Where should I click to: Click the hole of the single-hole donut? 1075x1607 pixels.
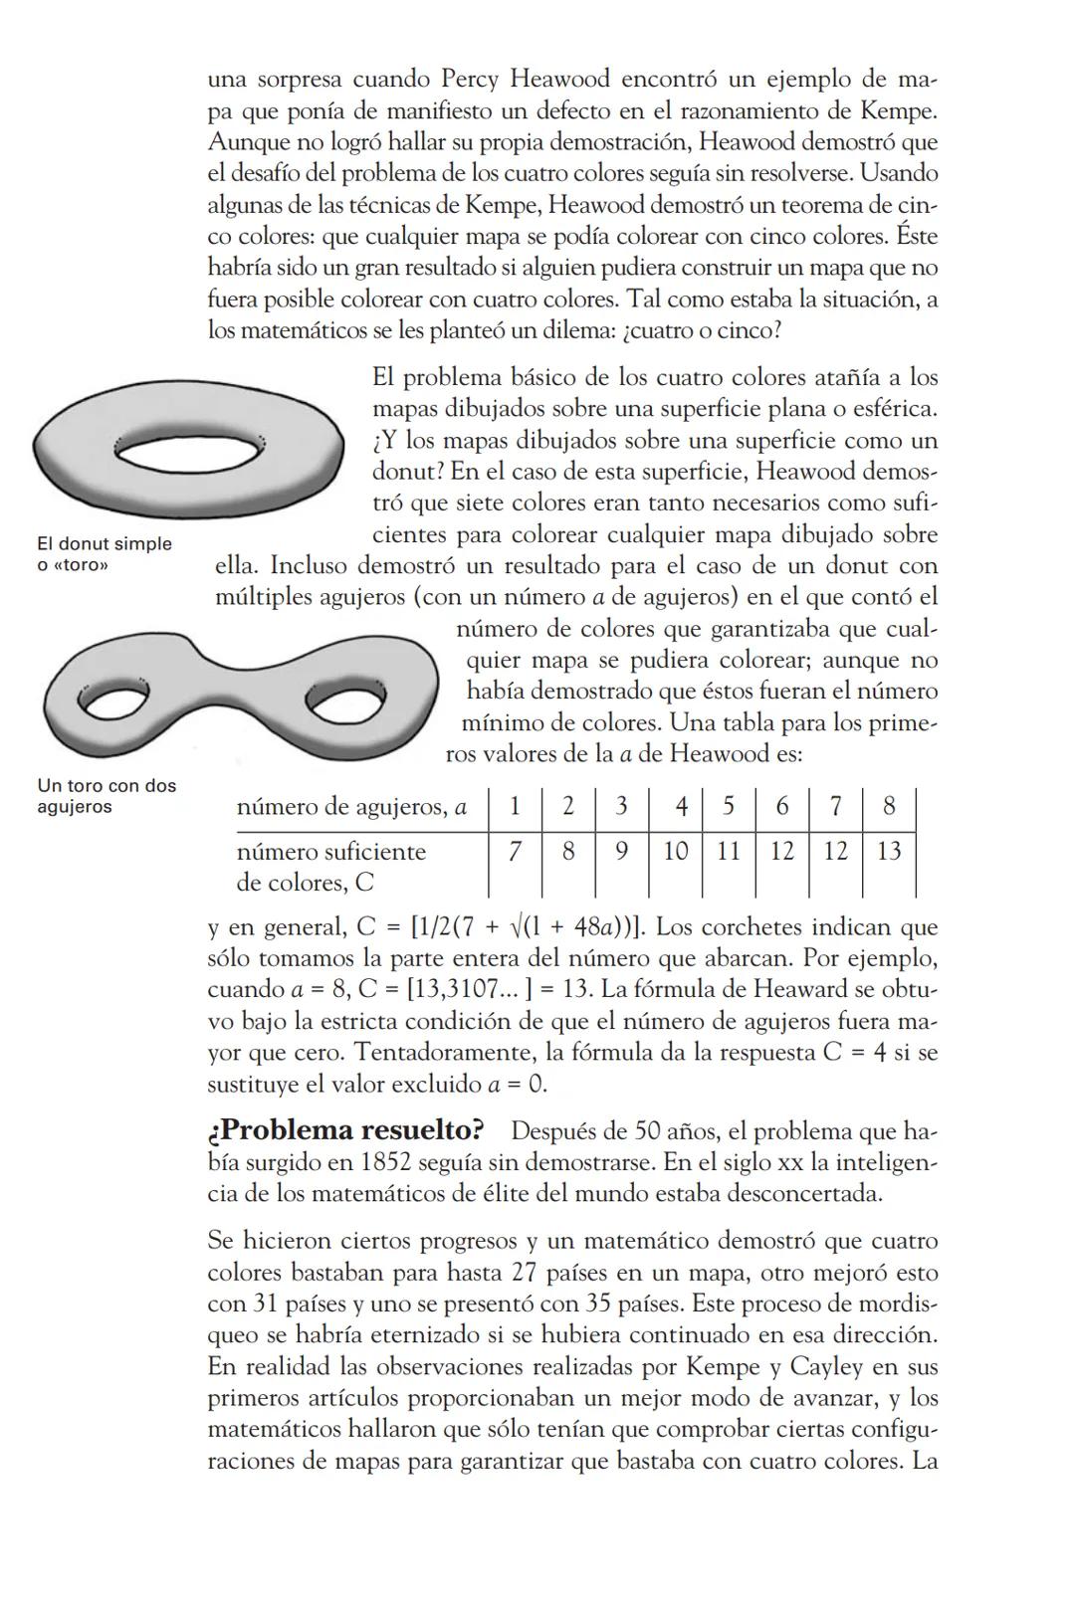[x=189, y=452]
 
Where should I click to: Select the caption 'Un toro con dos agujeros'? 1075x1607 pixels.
[x=106, y=796]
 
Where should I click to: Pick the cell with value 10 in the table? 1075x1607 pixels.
[x=675, y=852]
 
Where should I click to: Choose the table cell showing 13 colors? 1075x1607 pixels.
[x=889, y=852]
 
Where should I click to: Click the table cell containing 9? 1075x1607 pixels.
[x=621, y=852]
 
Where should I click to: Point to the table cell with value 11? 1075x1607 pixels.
[x=728, y=852]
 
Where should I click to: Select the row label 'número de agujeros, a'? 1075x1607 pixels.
[x=351, y=807]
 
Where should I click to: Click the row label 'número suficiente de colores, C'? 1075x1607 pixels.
[x=330, y=867]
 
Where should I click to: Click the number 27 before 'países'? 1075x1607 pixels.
[x=526, y=1273]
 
